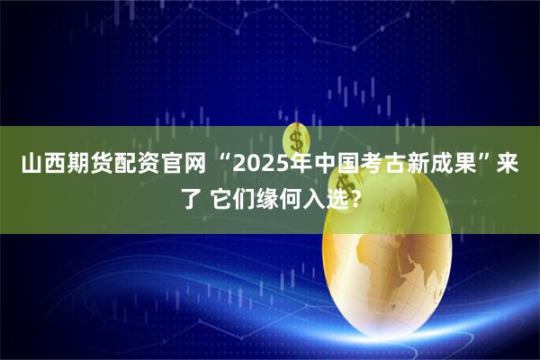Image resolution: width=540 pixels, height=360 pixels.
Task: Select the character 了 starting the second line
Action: (x=184, y=198)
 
